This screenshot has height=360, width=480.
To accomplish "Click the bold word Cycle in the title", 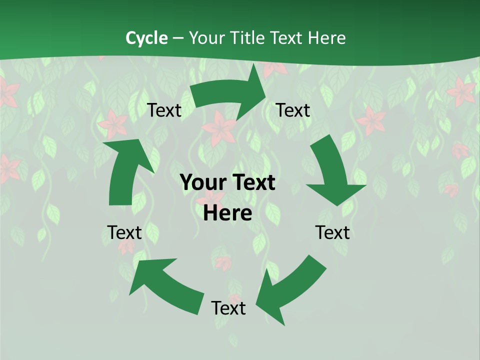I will (x=146, y=38).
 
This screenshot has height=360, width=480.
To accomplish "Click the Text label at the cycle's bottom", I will (x=228, y=308).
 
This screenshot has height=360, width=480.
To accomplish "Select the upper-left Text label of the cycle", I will (x=164, y=110).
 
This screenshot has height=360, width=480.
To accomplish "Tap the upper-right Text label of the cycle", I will (x=293, y=110).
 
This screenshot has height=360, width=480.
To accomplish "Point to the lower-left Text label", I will (x=124, y=232).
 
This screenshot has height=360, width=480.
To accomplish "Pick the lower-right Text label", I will (x=332, y=232).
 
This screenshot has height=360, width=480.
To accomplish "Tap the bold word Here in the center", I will (x=227, y=213).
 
